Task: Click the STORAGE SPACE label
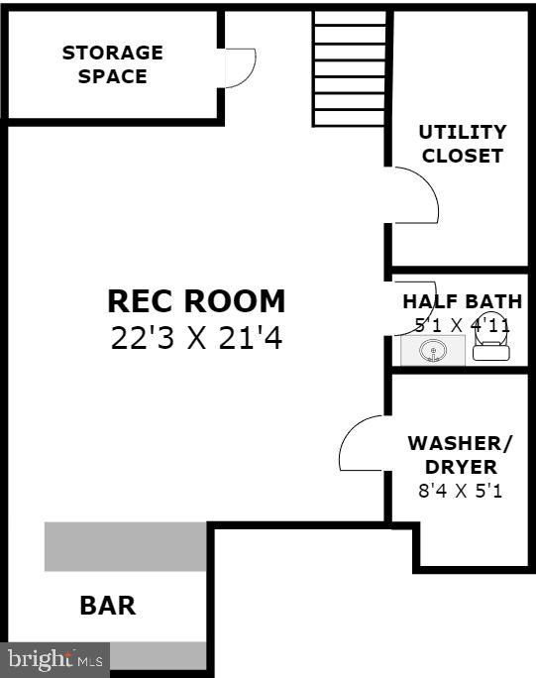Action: [112, 64]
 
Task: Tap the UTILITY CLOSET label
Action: [462, 144]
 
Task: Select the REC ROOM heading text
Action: [196, 301]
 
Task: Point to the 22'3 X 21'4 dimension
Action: [196, 339]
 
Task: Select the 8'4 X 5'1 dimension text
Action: [455, 490]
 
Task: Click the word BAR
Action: [107, 605]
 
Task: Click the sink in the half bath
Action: [432, 350]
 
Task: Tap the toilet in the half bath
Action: [490, 344]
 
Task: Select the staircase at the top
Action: [350, 67]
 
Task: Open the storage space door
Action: [239, 68]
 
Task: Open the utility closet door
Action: [414, 195]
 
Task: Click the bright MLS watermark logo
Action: [54, 658]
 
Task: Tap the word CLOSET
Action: [462, 156]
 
